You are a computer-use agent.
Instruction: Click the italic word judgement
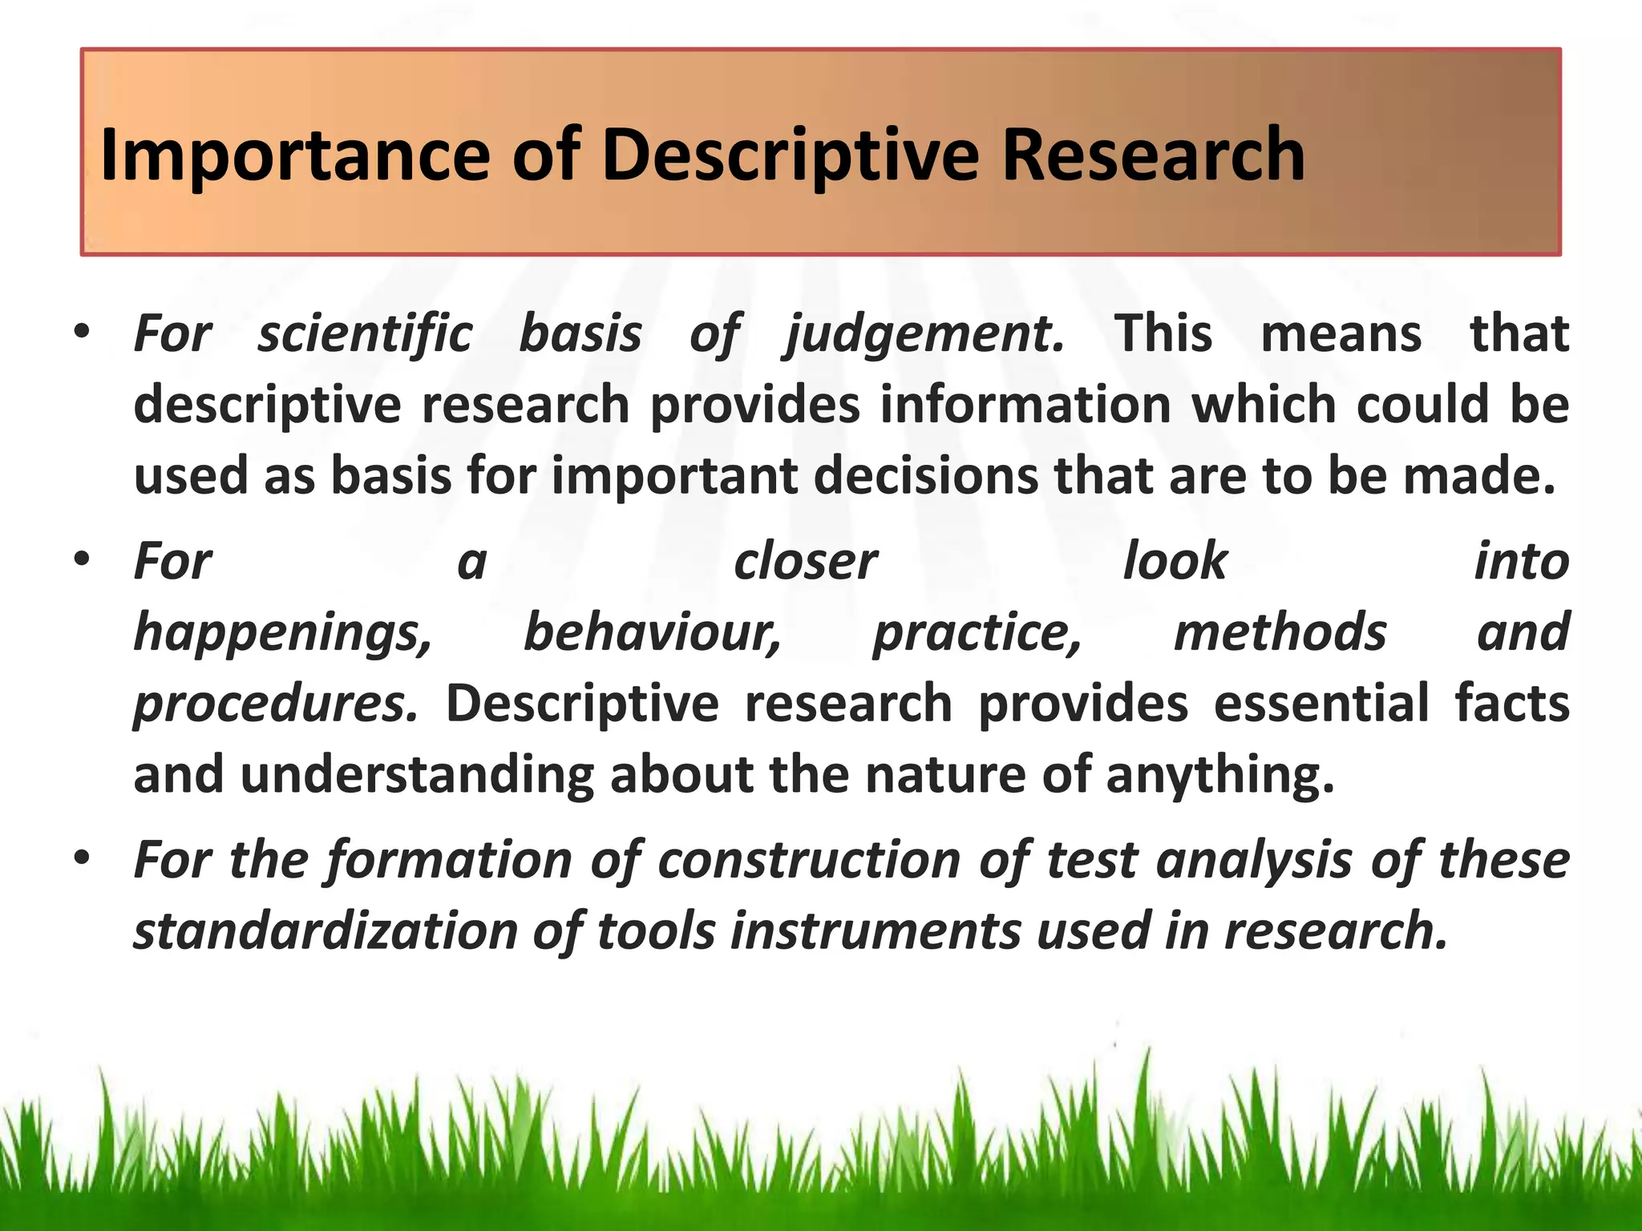[924, 334]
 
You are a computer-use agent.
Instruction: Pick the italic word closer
[805, 561]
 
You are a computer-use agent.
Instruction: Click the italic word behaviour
[652, 632]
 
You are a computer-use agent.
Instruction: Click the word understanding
[417, 775]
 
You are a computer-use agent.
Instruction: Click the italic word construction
[809, 860]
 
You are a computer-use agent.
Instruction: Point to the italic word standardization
[326, 931]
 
